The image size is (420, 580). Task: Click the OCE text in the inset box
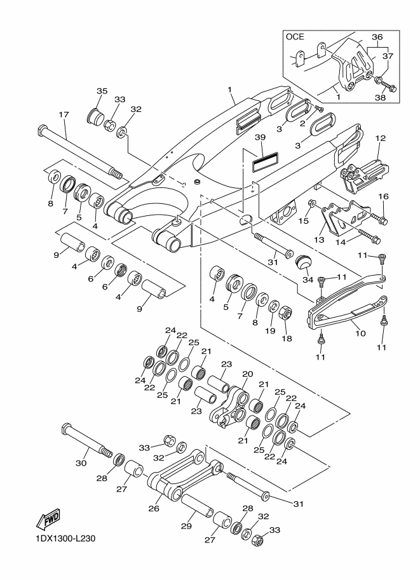tap(295, 37)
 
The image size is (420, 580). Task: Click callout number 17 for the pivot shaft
tap(64, 115)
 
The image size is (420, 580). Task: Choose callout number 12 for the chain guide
tap(381, 138)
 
